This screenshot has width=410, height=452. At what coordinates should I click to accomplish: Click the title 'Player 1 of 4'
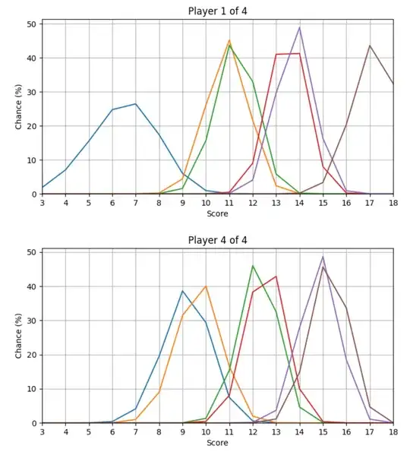pyautogui.click(x=217, y=11)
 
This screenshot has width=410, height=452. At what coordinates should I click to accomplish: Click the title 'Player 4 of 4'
pyautogui.click(x=217, y=240)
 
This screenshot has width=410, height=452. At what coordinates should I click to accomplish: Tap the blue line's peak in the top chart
pyautogui.click(x=136, y=104)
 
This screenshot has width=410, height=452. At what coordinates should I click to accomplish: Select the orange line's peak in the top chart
pyautogui.click(x=229, y=40)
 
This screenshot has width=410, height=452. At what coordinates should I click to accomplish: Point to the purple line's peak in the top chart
pyautogui.click(x=300, y=27)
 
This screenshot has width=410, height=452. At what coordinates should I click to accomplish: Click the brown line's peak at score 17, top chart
pyautogui.click(x=370, y=46)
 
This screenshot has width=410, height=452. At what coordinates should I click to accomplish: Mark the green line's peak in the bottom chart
pyautogui.click(x=253, y=266)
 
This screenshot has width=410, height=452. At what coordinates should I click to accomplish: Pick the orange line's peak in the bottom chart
pyautogui.click(x=206, y=286)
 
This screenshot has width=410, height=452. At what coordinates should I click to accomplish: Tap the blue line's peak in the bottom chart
pyautogui.click(x=182, y=291)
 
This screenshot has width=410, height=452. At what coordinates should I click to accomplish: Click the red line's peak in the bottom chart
pyautogui.click(x=276, y=277)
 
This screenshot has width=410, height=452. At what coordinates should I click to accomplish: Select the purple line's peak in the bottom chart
pyautogui.click(x=323, y=257)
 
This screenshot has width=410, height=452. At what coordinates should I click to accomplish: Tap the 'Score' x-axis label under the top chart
pyautogui.click(x=217, y=215)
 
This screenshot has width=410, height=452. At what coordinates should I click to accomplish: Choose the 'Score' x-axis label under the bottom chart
pyautogui.click(x=217, y=443)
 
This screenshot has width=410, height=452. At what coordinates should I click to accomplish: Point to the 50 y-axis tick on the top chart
pyautogui.click(x=31, y=24)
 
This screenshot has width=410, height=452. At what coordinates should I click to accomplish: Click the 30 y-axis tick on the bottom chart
pyautogui.click(x=31, y=321)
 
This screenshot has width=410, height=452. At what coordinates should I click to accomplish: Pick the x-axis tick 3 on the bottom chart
pyautogui.click(x=43, y=432)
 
